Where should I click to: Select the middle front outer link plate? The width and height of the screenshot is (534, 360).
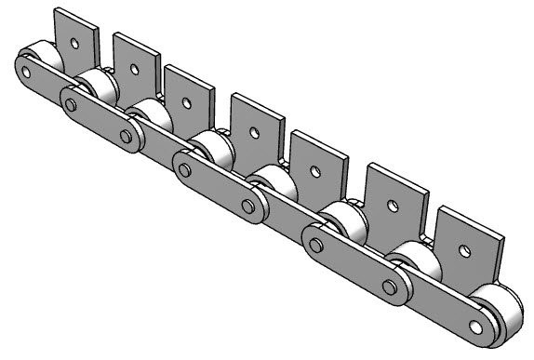[218, 187]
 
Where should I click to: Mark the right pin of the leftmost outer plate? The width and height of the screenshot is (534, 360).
[126, 136]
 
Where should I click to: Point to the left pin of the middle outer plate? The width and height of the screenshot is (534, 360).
[185, 170]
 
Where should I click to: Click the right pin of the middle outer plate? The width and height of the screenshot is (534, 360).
[248, 205]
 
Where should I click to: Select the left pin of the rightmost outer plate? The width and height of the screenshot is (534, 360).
[316, 246]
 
